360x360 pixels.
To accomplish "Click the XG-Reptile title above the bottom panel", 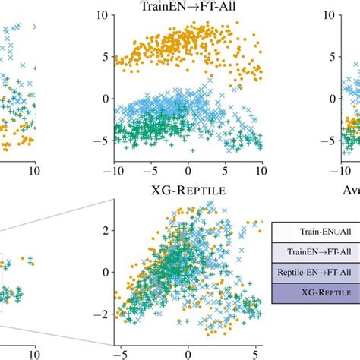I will point(188,191).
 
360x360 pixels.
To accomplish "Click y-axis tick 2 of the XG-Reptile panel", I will point(107,229).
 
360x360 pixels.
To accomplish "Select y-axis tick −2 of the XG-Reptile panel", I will point(103,314).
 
